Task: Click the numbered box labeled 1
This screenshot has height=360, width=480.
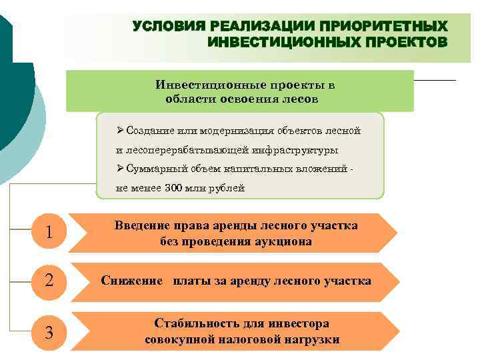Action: pyautogui.click(x=49, y=233)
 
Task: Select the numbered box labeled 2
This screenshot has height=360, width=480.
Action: pyautogui.click(x=49, y=281)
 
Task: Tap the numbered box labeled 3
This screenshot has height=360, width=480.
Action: pyautogui.click(x=49, y=331)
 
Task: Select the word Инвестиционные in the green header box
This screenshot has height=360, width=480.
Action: pyautogui.click(x=202, y=85)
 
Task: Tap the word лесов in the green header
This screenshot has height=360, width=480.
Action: pyautogui.click(x=300, y=99)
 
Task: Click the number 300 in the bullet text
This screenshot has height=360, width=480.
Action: pyautogui.click(x=174, y=188)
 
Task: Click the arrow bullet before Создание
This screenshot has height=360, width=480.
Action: pyautogui.click(x=120, y=131)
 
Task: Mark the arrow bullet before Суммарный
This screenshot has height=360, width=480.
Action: pyautogui.click(x=120, y=169)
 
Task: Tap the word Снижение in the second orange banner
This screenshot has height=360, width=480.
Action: pyautogui.click(x=131, y=281)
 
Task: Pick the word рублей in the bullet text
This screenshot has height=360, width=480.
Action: pyautogui.click(x=229, y=188)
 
